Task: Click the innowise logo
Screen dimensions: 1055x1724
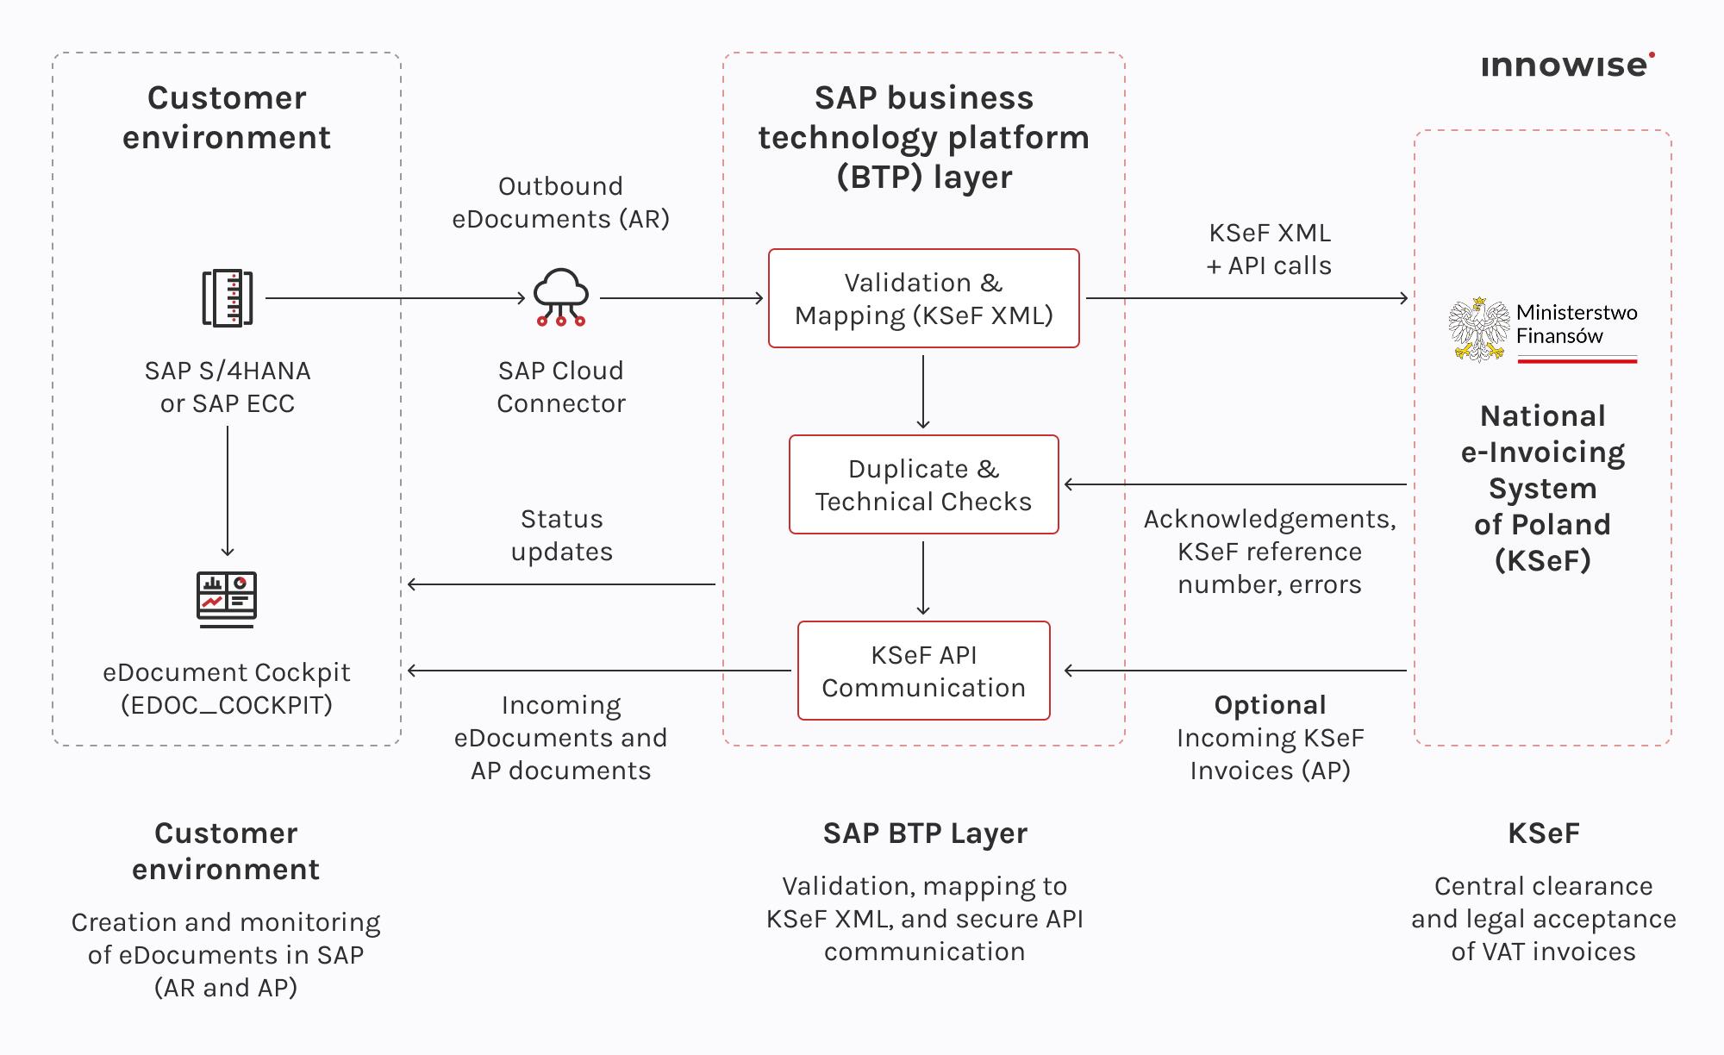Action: tap(1566, 66)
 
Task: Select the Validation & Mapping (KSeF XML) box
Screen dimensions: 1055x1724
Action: tap(923, 298)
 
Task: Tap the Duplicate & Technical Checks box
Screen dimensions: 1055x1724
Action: tap(923, 484)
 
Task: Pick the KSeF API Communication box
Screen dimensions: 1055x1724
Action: tap(923, 671)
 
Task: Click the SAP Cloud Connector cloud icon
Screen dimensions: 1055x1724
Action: tap(561, 297)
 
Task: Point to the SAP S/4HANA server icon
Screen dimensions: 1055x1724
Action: tap(228, 298)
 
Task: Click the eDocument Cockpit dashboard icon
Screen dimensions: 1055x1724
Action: tap(227, 598)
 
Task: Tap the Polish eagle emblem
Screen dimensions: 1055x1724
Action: tap(1478, 330)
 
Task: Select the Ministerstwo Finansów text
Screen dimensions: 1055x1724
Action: tap(1576, 324)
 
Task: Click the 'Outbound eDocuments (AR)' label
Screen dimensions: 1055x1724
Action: tap(561, 203)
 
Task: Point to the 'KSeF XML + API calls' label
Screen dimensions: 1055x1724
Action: tap(1269, 249)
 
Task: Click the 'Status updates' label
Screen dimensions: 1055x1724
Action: tap(561, 535)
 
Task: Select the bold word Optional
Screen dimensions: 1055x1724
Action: tap(1270, 705)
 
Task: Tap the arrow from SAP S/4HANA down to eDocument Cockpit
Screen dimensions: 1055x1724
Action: tap(228, 491)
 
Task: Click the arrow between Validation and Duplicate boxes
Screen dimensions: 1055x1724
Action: tap(923, 392)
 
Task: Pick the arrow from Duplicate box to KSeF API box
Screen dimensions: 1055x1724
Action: tap(923, 577)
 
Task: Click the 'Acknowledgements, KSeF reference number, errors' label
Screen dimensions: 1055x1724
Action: tap(1269, 552)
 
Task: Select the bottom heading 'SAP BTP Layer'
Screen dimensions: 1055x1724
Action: tap(924, 833)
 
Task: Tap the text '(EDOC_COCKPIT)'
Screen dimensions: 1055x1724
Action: tap(227, 705)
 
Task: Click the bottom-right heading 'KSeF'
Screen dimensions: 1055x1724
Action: tap(1543, 833)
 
